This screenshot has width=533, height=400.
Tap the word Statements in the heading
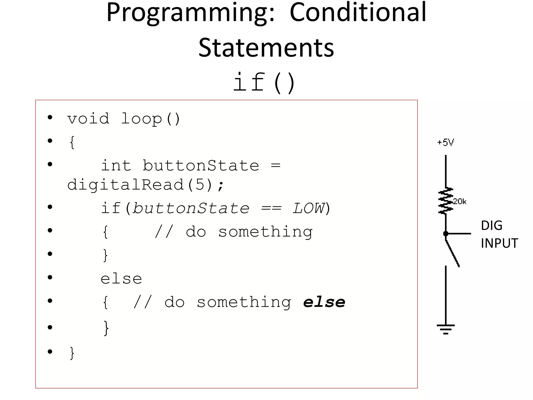click(266, 48)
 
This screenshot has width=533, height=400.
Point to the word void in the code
click(88, 119)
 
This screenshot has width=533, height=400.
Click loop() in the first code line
click(150, 119)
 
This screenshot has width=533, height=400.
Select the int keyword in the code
click(116, 166)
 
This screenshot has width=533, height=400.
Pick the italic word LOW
click(309, 208)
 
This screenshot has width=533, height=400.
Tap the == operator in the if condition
click(271, 209)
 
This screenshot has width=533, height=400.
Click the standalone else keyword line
click(121, 279)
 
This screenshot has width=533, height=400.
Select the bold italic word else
click(324, 302)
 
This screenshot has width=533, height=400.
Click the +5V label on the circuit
click(445, 143)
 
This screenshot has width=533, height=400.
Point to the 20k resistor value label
click(460, 202)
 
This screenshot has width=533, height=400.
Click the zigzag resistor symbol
click(446, 201)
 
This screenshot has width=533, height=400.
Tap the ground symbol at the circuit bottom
click(446, 329)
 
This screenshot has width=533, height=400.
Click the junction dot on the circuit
click(446, 234)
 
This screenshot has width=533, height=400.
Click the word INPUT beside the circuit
click(499, 243)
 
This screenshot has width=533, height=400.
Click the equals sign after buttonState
click(276, 166)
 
